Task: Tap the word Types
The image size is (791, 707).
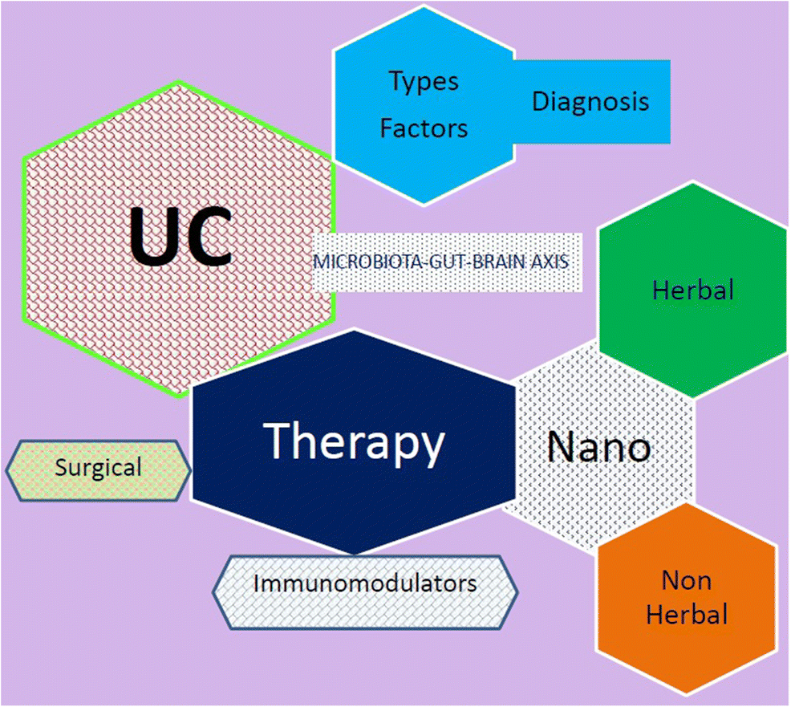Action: pos(424,82)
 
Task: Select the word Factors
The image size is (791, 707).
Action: pos(424,128)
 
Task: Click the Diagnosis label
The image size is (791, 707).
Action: pos(590,102)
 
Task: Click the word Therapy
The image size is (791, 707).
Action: pos(354,442)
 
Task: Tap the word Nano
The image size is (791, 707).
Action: pos(598,446)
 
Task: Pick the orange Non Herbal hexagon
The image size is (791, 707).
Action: pos(687,597)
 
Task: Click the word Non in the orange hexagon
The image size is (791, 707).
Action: pos(686,579)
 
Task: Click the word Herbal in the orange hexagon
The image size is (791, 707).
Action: pos(687,616)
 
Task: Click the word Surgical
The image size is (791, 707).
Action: pos(99,467)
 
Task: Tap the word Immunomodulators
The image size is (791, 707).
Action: pos(365,583)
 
